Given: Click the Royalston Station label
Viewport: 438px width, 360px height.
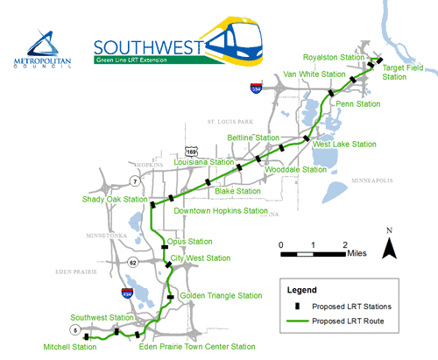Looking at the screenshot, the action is (x=334, y=57).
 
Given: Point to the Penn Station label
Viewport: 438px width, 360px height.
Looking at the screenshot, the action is (x=357, y=103).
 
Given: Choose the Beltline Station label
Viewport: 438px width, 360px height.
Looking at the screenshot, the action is (x=253, y=138).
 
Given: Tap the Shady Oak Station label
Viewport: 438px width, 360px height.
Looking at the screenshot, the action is (x=115, y=199).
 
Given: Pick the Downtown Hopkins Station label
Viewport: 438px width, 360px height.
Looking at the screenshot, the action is (x=221, y=211).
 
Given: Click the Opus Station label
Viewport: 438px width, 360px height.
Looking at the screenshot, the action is (x=189, y=241).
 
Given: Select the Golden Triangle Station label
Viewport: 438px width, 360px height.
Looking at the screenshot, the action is (x=221, y=296).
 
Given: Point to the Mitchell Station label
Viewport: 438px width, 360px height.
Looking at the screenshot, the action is (x=73, y=347).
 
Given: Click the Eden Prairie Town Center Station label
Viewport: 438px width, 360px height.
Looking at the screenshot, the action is (x=194, y=347).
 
